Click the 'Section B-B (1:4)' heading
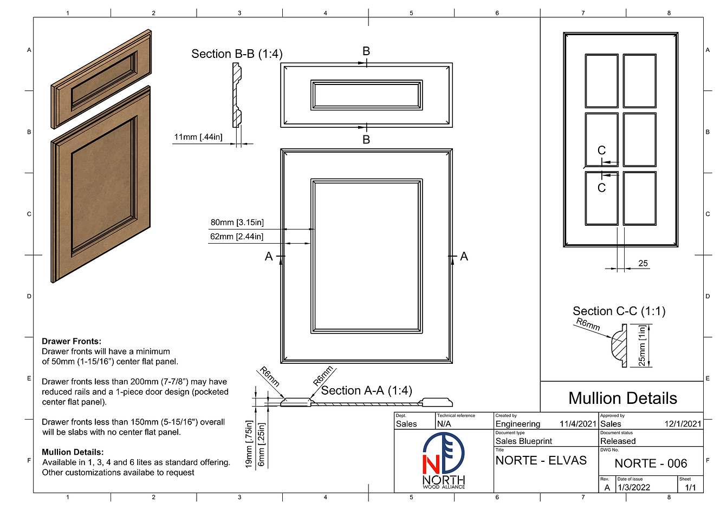(x=237, y=54)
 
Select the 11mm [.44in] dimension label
(x=198, y=137)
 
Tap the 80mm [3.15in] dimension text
(x=237, y=223)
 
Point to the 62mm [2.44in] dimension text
(x=237, y=237)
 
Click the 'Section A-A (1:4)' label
(x=366, y=391)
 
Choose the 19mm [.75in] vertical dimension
(x=249, y=444)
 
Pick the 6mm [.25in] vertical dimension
(x=262, y=444)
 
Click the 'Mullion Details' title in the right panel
(x=622, y=398)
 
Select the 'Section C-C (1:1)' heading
(x=619, y=311)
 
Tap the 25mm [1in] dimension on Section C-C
(x=642, y=345)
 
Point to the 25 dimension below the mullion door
(x=643, y=264)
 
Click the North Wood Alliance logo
(x=443, y=461)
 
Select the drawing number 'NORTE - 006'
(x=651, y=463)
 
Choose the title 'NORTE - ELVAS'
(x=541, y=461)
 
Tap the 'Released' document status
(x=618, y=441)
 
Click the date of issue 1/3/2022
(x=633, y=488)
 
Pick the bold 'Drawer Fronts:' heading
(x=72, y=342)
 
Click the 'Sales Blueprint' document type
(x=523, y=441)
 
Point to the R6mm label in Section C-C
(x=588, y=325)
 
